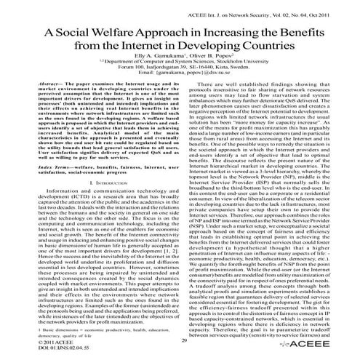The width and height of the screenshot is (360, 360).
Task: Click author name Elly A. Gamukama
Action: (143, 59)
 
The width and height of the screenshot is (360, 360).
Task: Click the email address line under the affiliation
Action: (180, 79)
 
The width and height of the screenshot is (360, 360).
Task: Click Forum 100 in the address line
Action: (133, 72)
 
